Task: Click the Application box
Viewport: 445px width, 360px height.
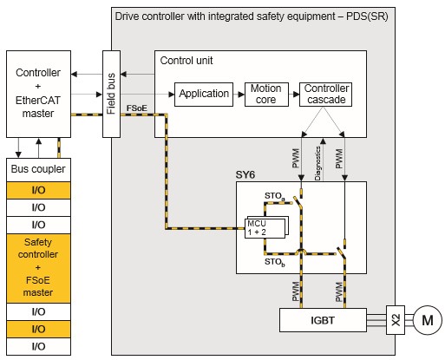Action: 204,95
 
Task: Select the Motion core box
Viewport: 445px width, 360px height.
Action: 266,95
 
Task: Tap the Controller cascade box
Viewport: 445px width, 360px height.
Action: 325,95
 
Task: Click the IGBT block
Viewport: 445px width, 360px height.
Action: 323,320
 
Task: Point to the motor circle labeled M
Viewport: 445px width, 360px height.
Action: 428,320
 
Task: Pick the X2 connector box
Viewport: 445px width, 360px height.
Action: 396,320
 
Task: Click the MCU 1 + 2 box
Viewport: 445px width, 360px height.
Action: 265,228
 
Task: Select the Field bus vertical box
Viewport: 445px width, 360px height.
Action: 111,94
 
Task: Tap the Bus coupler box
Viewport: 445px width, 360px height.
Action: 38,169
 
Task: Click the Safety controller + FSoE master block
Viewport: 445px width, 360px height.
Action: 38,268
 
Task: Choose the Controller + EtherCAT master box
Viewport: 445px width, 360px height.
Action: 38,94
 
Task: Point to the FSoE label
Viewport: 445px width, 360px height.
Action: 137,108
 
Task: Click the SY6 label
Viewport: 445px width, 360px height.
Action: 245,175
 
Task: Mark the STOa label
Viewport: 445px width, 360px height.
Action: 275,196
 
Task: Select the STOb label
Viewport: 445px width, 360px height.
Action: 275,262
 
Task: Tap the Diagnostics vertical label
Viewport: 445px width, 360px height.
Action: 317,164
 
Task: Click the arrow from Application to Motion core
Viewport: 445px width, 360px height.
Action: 239,95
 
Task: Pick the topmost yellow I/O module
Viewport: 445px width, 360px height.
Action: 38,190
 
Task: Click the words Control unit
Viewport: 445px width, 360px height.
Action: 187,61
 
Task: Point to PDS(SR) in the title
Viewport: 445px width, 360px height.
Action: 367,16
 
